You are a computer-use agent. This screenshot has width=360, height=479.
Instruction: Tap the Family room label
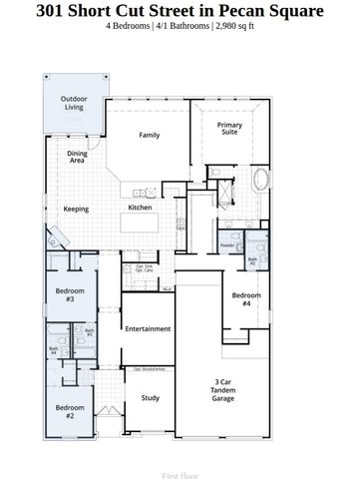point(150,135)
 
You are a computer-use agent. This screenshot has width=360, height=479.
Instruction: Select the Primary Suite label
point(230,129)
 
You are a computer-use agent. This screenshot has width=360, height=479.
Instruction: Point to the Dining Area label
point(77,157)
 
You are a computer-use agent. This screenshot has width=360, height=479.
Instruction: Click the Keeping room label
point(76,210)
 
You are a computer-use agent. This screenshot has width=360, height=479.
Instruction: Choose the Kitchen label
point(140,208)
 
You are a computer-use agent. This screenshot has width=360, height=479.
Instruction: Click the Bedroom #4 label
point(241,298)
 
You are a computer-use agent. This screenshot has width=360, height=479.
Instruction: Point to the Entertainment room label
point(147,328)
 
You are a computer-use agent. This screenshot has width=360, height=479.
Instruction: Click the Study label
point(150,398)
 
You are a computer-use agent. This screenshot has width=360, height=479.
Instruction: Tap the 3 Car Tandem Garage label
point(224,390)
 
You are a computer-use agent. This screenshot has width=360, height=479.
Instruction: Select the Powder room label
point(227,244)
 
